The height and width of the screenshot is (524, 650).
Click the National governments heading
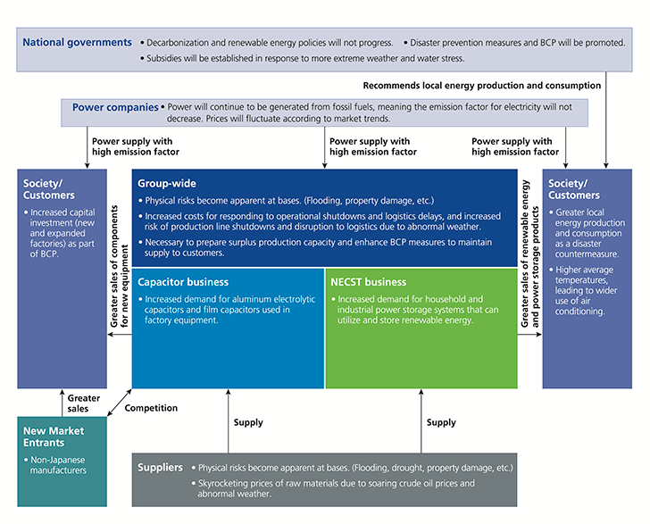click(77, 43)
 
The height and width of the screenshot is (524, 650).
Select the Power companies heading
click(115, 107)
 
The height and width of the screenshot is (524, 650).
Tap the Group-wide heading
click(167, 184)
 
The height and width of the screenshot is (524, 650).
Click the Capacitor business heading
click(183, 282)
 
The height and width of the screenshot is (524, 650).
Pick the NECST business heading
click(368, 282)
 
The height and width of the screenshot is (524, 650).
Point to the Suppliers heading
click(160, 468)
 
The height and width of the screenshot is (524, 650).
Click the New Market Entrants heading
click(54, 437)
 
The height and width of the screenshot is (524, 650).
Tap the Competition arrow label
click(151, 408)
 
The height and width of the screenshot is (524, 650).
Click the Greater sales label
click(83, 403)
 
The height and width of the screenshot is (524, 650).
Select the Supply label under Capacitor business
click(248, 422)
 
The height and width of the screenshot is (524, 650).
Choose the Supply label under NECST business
click(441, 422)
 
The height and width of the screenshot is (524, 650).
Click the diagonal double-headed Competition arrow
click(120, 402)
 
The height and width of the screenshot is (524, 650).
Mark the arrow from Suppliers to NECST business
click(421, 421)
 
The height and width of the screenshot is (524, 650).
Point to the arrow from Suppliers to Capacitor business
click(228, 421)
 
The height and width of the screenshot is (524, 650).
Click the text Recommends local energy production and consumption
click(482, 86)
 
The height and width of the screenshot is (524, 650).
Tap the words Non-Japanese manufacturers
click(58, 465)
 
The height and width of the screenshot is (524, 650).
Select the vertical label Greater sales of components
click(114, 266)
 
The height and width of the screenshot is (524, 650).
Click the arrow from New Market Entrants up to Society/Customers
click(62, 403)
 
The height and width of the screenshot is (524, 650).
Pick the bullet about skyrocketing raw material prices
click(333, 488)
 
